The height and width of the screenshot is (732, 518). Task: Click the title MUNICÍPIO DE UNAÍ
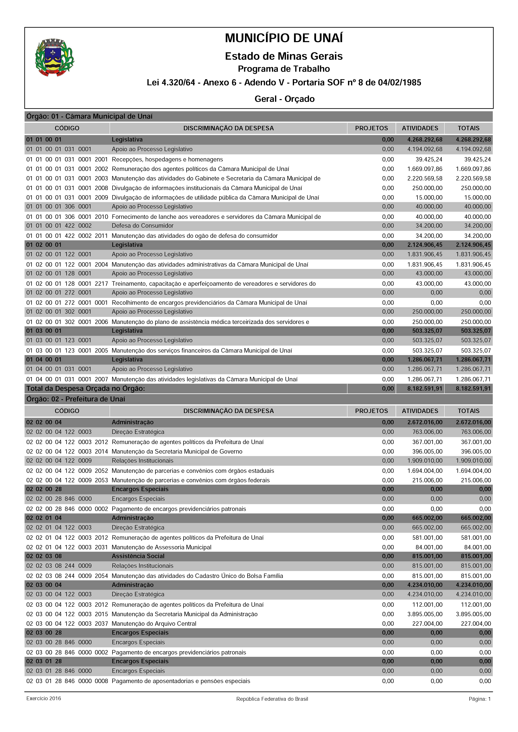284,38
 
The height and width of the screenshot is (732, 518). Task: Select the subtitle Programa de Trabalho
284,69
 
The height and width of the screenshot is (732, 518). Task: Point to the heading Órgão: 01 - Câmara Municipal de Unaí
89,116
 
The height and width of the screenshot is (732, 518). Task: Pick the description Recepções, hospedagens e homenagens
167,159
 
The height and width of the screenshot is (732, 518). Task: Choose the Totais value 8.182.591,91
473,389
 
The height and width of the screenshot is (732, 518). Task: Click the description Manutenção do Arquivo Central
154,623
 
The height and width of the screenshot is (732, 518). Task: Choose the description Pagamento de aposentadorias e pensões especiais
181,681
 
